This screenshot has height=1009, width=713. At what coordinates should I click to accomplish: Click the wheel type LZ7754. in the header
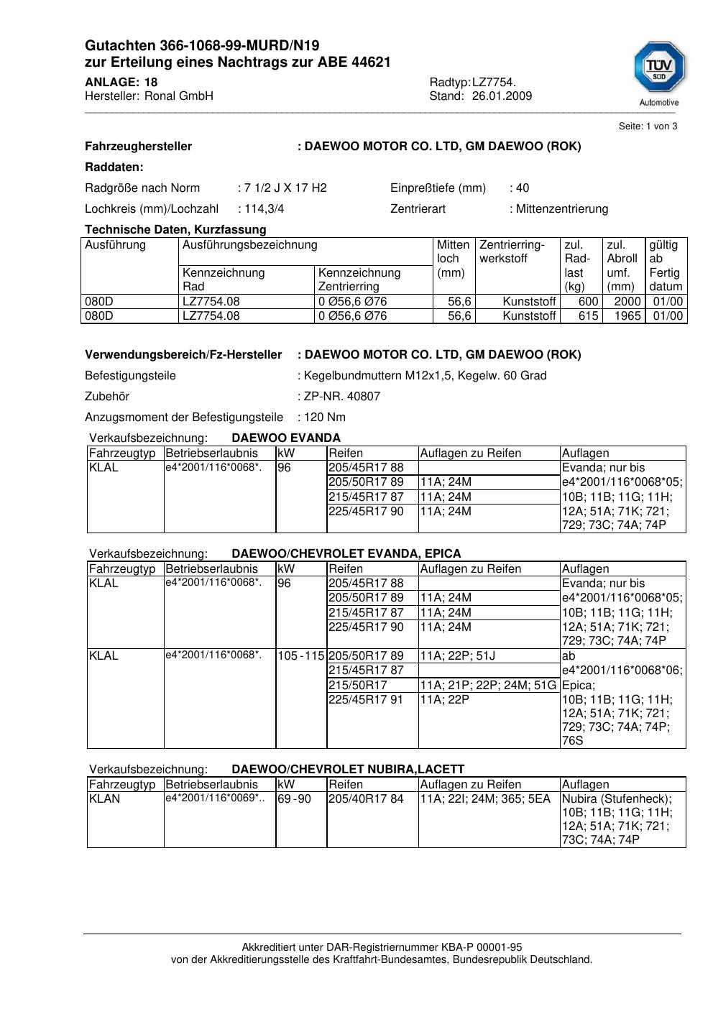click(494, 83)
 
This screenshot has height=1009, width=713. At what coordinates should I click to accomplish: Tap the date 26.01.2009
click(502, 96)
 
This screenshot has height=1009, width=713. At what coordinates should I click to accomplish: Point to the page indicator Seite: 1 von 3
click(648, 126)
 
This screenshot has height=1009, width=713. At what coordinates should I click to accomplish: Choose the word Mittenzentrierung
click(561, 209)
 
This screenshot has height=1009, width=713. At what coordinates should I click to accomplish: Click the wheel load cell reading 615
click(588, 316)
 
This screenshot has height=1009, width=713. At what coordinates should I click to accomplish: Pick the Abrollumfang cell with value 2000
click(627, 302)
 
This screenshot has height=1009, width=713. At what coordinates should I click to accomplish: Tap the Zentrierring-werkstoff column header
click(512, 252)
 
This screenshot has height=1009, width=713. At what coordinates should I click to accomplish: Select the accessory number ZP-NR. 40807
click(342, 397)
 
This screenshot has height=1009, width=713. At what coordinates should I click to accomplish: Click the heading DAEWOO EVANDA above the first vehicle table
click(286, 438)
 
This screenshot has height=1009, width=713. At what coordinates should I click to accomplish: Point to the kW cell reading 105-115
click(300, 656)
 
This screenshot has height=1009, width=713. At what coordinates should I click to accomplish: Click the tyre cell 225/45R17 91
click(366, 699)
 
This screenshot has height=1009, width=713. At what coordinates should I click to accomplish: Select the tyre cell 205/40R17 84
click(366, 799)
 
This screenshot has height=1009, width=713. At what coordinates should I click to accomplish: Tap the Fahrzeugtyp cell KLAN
click(105, 799)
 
